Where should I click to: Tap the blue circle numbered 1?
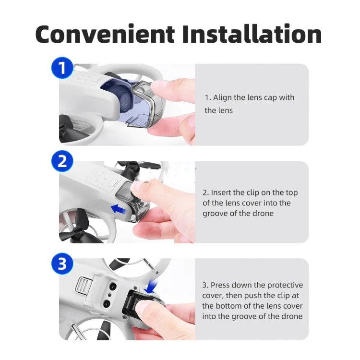[62, 68]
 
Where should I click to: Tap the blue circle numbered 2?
[62, 161]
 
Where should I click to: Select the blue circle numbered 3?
[62, 264]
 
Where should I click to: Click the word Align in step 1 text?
[222, 97]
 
